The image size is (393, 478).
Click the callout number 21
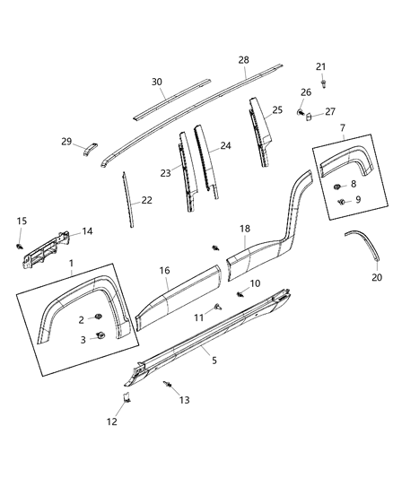click(x=321, y=67)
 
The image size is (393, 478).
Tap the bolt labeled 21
click(x=320, y=83)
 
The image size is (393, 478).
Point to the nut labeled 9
click(x=341, y=202)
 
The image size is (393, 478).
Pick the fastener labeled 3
click(x=100, y=336)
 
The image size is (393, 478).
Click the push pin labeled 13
click(x=168, y=385)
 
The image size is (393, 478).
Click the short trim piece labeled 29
click(x=90, y=147)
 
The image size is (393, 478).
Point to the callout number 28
click(x=243, y=59)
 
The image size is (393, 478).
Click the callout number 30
click(x=157, y=82)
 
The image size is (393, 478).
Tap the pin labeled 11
click(x=218, y=307)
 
